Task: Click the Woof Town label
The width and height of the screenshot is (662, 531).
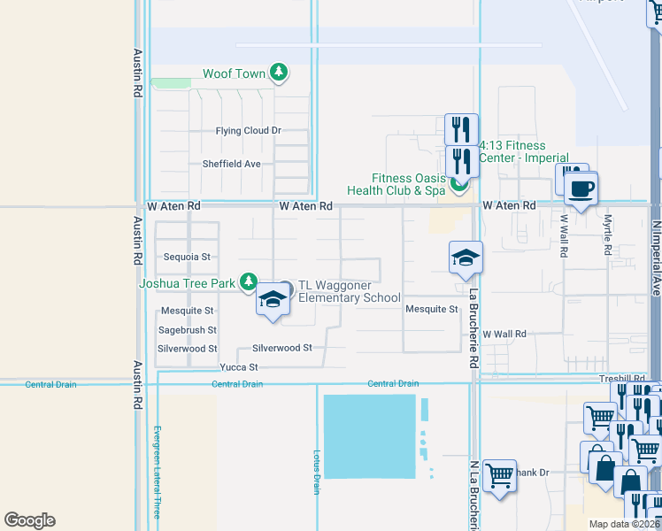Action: [x=234, y=73]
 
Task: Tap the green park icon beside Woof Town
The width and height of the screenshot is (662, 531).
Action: [x=279, y=72]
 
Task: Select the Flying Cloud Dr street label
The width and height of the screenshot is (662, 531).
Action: [x=248, y=131]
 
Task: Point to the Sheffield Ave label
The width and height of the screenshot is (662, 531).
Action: [x=231, y=164]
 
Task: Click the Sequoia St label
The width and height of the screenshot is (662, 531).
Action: [x=187, y=258]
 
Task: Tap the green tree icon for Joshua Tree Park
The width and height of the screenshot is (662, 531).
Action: [x=249, y=282]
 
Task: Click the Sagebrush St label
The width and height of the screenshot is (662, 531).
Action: [x=187, y=330]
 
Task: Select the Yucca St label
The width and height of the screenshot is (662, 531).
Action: [x=240, y=367]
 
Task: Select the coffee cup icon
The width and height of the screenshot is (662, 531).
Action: [x=581, y=189]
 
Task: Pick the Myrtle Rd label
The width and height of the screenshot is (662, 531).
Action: [x=608, y=235]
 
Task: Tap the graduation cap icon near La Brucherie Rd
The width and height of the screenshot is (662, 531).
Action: [x=466, y=258]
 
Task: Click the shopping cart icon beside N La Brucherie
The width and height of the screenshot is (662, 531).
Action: [x=499, y=475]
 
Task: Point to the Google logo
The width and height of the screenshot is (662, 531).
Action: [x=29, y=520]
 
